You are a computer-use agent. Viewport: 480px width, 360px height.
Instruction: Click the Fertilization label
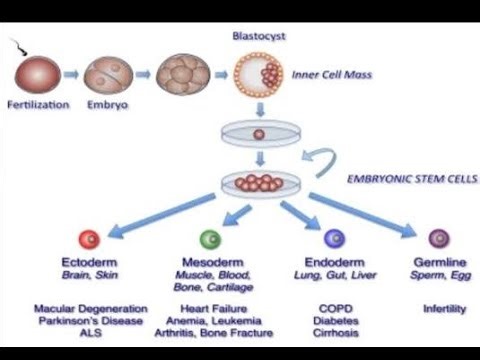tap(38, 104)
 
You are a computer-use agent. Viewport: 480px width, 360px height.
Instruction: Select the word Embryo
tap(107, 104)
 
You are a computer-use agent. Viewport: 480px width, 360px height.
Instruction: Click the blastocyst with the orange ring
tap(257, 74)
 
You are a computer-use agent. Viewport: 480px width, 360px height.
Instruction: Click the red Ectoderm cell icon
tap(89, 239)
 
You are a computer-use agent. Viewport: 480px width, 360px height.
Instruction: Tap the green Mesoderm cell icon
tap(209, 238)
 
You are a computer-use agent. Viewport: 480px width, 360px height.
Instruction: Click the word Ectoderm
tap(89, 262)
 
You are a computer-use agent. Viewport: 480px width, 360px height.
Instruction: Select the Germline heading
tap(439, 262)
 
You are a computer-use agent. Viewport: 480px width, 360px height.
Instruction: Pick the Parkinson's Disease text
tap(90, 321)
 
